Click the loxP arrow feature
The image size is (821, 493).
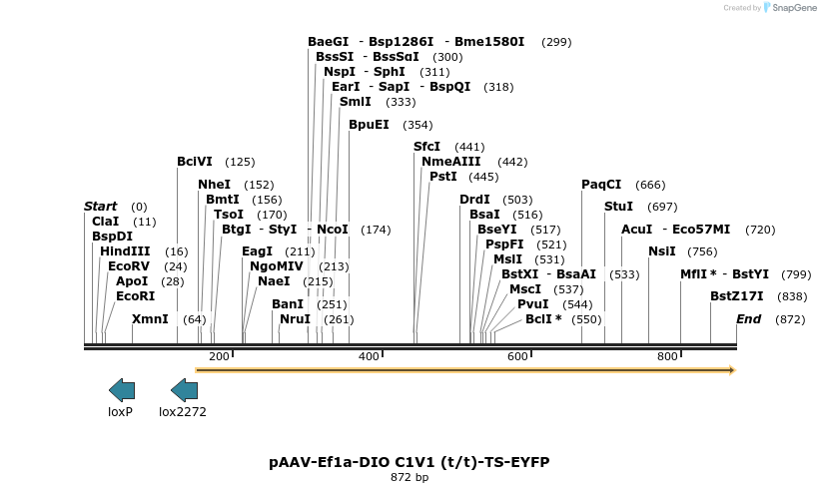(121, 390)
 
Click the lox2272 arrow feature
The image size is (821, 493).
(184, 390)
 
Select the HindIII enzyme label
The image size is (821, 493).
(125, 251)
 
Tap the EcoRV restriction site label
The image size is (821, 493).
(128, 266)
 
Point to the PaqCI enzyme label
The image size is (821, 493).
(601, 185)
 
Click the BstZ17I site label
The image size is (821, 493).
(737, 296)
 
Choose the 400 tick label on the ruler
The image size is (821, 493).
(370, 355)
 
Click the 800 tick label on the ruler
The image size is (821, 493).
(667, 355)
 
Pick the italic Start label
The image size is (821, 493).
(100, 207)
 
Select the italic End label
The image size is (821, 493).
(748, 319)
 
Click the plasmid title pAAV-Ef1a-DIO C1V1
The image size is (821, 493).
(410, 462)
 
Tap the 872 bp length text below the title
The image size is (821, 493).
(410, 478)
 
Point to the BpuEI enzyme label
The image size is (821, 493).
(369, 125)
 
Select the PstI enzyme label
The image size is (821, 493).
(442, 177)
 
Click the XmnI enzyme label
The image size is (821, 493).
(150, 319)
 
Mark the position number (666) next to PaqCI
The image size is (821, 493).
(649, 185)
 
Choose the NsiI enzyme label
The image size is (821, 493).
(662, 251)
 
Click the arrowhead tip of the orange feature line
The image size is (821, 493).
(733, 370)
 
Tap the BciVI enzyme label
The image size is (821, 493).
(195, 162)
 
